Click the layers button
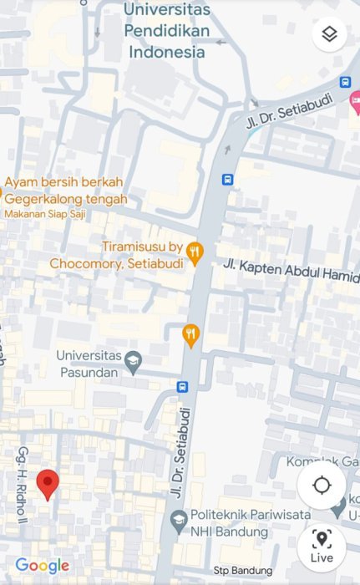329,34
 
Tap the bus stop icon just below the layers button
345,82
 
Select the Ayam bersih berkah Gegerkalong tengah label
67,191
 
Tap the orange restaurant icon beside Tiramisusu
195,253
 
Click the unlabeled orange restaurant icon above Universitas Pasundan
191,335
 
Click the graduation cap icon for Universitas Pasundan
134,362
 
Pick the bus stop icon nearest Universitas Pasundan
182,387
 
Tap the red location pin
48,484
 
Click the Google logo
42,566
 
